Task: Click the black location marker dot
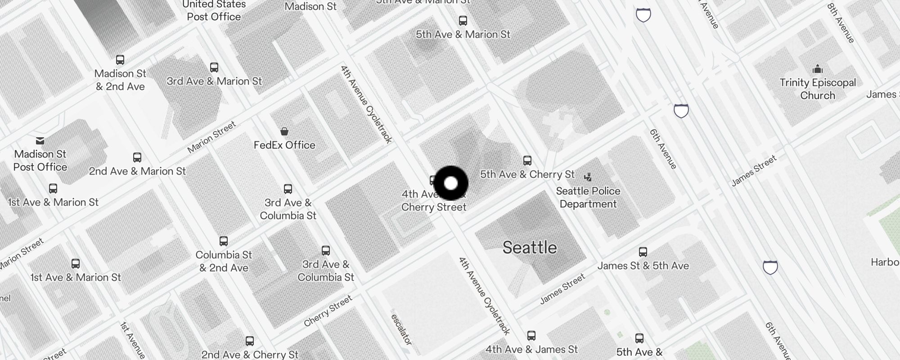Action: (x=451, y=183)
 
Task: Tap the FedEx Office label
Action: (x=284, y=145)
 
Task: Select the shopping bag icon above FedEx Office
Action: (x=284, y=131)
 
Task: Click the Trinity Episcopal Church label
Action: (x=818, y=89)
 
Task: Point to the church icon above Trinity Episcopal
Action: (x=818, y=69)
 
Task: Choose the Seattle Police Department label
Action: (x=588, y=197)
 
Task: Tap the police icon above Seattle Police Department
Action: (x=588, y=177)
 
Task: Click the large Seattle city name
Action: (x=530, y=247)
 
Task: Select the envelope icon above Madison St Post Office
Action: (x=40, y=141)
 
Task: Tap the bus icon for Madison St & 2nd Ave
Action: (x=120, y=60)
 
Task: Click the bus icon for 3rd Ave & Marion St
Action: (x=214, y=67)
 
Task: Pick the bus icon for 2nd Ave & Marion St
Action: (x=137, y=157)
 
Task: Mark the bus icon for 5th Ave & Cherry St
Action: (x=527, y=161)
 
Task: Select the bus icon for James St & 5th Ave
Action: (x=643, y=252)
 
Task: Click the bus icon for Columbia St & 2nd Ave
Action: (x=224, y=241)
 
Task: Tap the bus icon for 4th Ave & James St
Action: (x=531, y=336)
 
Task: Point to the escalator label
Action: (x=401, y=329)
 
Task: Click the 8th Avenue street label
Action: (x=841, y=23)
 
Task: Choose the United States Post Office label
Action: (x=214, y=11)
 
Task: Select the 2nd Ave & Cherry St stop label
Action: (x=250, y=355)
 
